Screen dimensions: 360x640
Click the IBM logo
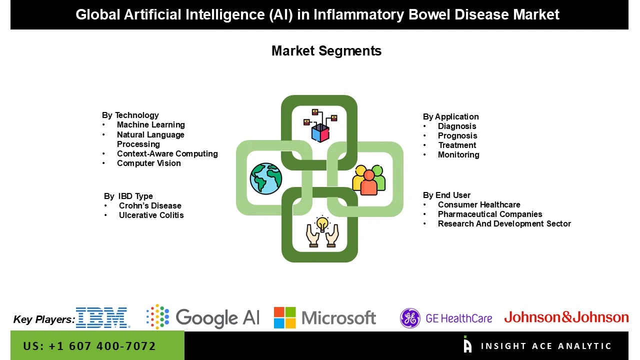click(x=102, y=318)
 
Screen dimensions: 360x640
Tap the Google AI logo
click(x=203, y=317)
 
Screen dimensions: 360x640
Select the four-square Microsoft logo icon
click(x=284, y=318)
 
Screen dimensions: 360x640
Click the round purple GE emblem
click(x=410, y=318)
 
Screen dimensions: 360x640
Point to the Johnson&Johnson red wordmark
click(x=566, y=317)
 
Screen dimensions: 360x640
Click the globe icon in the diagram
click(x=266, y=178)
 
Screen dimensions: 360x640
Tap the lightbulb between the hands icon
click(x=322, y=231)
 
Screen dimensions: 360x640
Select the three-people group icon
click(x=369, y=179)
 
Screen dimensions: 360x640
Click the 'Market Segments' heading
click(x=326, y=51)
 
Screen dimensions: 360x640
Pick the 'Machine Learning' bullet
click(x=150, y=125)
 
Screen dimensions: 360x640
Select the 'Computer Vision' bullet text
click(x=148, y=163)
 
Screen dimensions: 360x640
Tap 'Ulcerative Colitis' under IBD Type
click(x=151, y=215)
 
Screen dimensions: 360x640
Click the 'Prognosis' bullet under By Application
click(x=457, y=136)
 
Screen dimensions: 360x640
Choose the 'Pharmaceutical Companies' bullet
click(x=489, y=214)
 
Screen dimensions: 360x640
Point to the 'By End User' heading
click(x=446, y=195)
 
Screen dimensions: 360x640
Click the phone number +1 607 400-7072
click(x=89, y=346)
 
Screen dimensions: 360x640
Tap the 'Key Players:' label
click(x=44, y=319)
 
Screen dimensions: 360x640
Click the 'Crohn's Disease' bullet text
click(x=149, y=206)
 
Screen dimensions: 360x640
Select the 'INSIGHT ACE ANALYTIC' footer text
click(x=545, y=346)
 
